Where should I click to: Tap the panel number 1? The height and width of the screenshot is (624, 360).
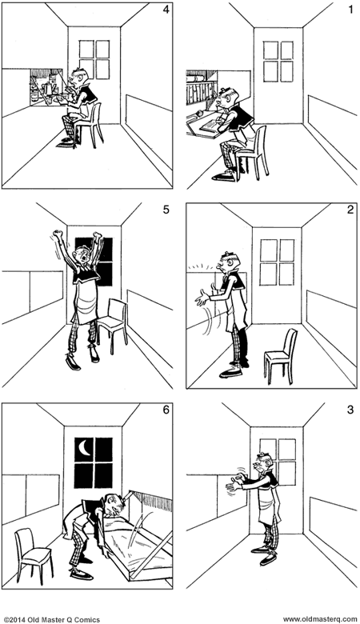(349, 10)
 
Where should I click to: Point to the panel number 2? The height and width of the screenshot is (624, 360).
(349, 212)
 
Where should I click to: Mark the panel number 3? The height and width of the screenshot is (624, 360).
(349, 412)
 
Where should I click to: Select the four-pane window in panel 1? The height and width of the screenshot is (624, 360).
(277, 60)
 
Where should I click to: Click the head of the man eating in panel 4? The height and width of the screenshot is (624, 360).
(78, 77)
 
